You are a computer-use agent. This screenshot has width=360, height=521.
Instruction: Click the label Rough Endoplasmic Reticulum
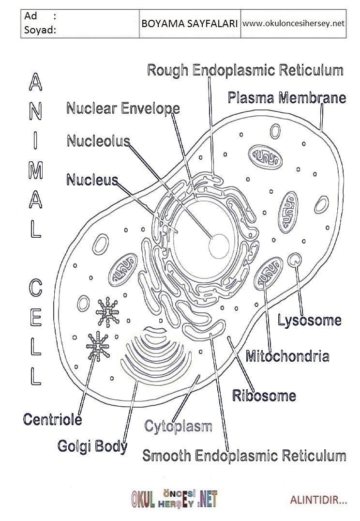click(245, 70)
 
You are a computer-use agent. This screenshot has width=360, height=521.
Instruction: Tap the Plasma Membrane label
click(287, 98)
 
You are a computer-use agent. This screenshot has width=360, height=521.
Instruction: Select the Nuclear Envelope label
click(123, 108)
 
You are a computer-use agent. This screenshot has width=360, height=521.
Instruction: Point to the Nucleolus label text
click(98, 141)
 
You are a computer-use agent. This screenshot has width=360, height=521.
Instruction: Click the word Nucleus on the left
click(92, 180)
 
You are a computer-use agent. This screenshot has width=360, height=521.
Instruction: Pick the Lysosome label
click(309, 320)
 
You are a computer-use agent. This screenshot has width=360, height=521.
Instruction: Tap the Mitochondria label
click(287, 357)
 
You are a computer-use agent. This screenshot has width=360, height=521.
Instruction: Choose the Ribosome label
click(264, 396)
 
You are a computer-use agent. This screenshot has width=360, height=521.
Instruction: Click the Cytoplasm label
click(179, 427)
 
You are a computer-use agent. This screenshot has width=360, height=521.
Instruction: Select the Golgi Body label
click(92, 445)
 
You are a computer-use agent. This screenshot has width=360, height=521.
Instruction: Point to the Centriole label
click(52, 419)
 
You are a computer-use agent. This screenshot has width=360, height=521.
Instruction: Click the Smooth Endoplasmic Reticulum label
click(244, 456)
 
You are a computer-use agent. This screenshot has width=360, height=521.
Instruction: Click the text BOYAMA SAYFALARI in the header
click(189, 23)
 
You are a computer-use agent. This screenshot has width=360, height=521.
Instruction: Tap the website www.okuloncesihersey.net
click(293, 23)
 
